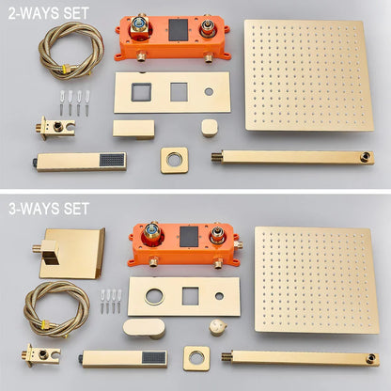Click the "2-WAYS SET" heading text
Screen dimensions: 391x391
[49, 13]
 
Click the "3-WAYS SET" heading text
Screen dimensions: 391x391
[49, 209]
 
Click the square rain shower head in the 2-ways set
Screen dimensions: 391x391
[308, 75]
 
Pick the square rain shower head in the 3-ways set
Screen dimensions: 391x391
[317, 280]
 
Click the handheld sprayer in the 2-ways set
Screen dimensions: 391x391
[80, 162]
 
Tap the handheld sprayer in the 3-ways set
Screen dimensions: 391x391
[123, 358]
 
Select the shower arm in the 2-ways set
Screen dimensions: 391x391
[292, 158]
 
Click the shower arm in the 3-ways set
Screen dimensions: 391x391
[300, 358]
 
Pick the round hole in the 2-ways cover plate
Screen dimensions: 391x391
[209, 92]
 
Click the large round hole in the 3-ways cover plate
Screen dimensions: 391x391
[154, 296]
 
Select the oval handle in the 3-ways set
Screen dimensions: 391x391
[145, 328]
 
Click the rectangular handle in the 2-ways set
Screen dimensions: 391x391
[133, 129]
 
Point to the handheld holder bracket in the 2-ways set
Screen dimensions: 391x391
[55, 128]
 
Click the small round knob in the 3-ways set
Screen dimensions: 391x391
[218, 327]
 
